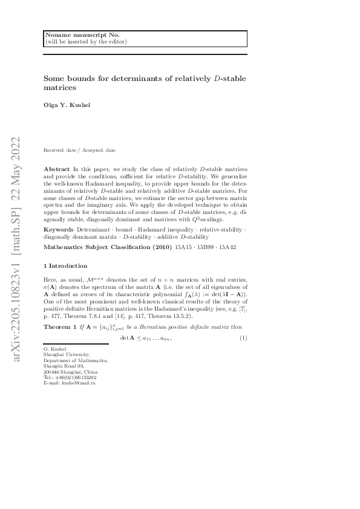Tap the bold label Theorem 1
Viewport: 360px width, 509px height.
[59, 327]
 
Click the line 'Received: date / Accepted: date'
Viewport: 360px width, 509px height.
[80, 150]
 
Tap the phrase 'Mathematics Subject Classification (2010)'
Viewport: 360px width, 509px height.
[106, 247]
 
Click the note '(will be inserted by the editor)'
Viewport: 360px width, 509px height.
[85, 42]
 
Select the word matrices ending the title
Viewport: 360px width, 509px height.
[59, 88]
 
